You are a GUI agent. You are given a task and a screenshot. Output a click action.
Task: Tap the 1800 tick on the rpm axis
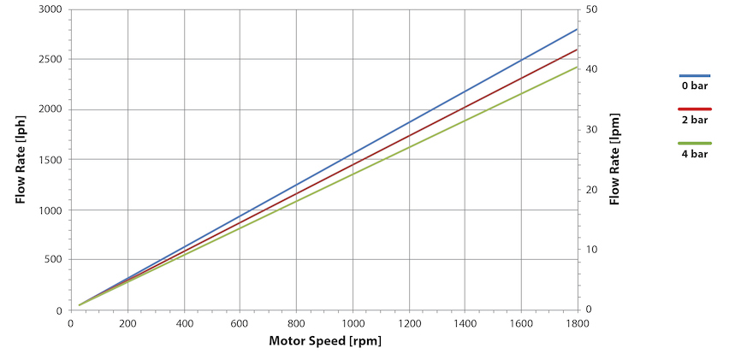click(x=577, y=323)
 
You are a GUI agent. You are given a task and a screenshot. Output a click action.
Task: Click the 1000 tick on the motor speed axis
click(x=352, y=323)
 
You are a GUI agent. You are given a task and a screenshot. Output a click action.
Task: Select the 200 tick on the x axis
click(x=127, y=323)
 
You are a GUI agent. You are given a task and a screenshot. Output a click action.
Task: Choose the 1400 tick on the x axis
click(x=464, y=323)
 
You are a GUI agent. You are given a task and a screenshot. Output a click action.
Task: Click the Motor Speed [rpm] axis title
click(x=325, y=340)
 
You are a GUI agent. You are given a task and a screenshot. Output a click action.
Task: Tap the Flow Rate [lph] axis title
click(x=20, y=159)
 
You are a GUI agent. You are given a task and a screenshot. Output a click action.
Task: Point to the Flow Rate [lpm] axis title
click(x=614, y=159)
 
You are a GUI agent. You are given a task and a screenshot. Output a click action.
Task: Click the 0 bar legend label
click(x=694, y=87)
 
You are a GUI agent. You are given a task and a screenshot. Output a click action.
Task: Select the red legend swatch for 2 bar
click(x=695, y=109)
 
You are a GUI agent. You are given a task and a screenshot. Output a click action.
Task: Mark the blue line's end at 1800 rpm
click(x=577, y=30)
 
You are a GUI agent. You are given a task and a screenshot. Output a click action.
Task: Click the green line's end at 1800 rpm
click(x=577, y=67)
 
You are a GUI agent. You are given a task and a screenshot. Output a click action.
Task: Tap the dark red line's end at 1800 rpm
click(x=577, y=50)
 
